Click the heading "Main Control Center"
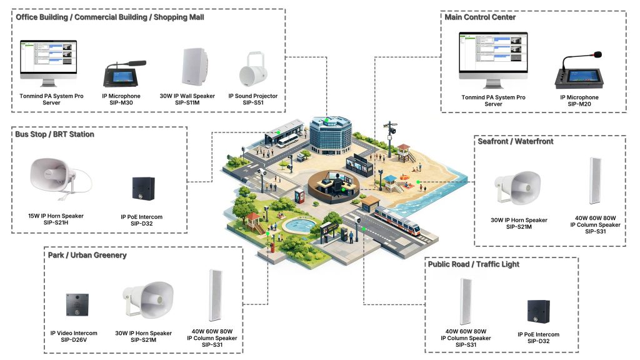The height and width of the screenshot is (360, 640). [x=480, y=17]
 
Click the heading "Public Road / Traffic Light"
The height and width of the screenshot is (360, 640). [x=474, y=264]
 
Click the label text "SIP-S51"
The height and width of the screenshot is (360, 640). [x=252, y=103]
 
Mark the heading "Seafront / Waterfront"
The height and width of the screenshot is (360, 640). [x=516, y=141]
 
